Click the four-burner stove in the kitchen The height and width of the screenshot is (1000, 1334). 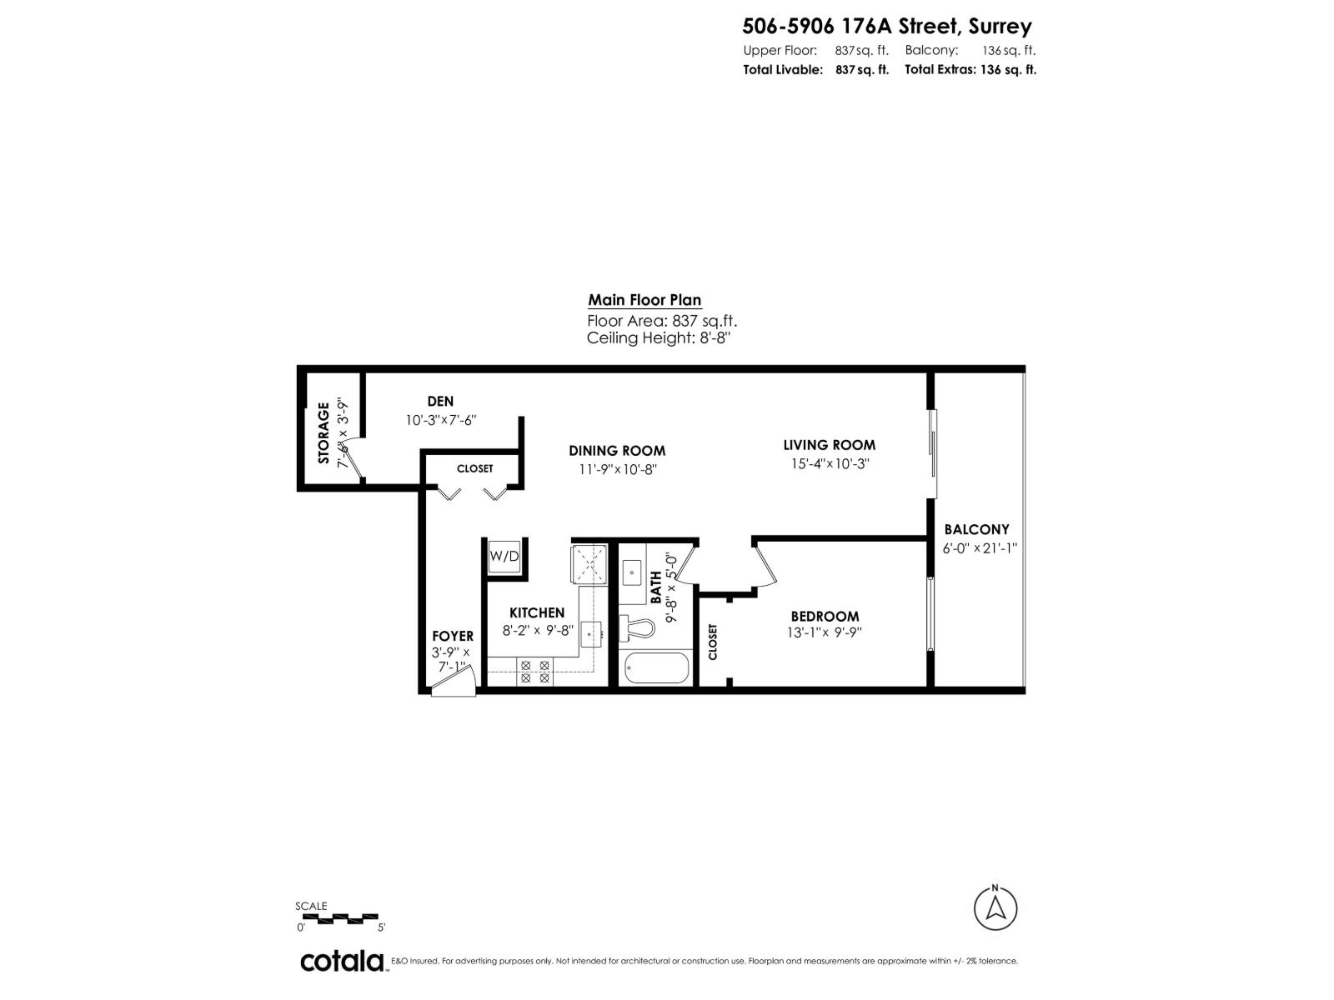[x=534, y=672]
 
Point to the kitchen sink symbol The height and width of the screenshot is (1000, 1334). [x=593, y=633]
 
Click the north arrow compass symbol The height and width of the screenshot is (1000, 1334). [x=995, y=907]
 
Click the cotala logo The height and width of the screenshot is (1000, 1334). [x=342, y=960]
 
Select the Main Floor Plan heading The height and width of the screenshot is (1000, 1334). [x=644, y=300]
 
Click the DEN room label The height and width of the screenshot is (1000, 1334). [x=440, y=402]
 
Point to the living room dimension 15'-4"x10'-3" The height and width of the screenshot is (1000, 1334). [x=830, y=464]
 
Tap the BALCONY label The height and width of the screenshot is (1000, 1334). [x=976, y=529]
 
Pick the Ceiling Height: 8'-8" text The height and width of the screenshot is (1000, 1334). [x=659, y=338]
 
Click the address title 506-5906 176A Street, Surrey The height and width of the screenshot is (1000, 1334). [x=887, y=27]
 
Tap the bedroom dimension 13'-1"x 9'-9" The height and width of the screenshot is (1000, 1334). [x=825, y=632]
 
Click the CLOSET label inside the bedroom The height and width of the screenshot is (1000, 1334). [x=713, y=642]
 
